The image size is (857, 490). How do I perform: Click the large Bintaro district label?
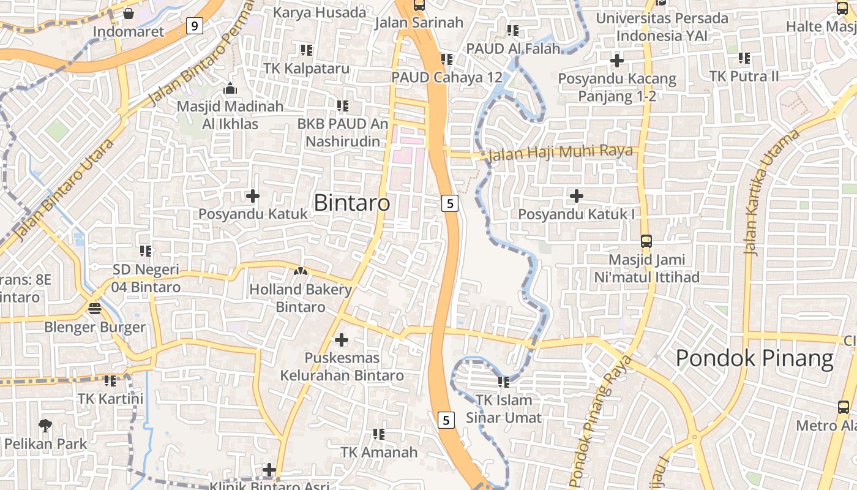pyautogui.click(x=351, y=203)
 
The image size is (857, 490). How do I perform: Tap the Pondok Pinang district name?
pyautogui.click(x=755, y=359)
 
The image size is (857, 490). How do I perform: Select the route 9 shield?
pyautogui.click(x=195, y=26)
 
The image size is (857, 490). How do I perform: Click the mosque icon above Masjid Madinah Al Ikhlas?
pyautogui.click(x=230, y=89)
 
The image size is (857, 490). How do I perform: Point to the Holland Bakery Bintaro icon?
pyautogui.click(x=300, y=271)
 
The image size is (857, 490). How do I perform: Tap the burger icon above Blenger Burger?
pyautogui.click(x=94, y=308)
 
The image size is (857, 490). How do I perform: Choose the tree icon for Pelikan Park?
pyautogui.click(x=45, y=424)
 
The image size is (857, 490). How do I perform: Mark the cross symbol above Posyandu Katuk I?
pyautogui.click(x=576, y=196)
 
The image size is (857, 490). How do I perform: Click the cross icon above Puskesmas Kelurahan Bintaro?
pyautogui.click(x=342, y=339)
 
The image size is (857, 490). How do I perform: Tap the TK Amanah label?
pyautogui.click(x=379, y=452)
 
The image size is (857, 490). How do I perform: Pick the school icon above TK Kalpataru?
pyautogui.click(x=306, y=50)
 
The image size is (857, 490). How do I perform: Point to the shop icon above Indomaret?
pyautogui.click(x=129, y=13)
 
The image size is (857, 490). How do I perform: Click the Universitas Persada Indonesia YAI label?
pyautogui.click(x=662, y=27)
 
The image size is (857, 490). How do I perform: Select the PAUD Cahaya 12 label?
pyautogui.click(x=447, y=77)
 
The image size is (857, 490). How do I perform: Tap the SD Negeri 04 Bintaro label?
pyautogui.click(x=146, y=278)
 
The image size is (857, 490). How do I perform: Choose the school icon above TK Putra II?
pyautogui.click(x=744, y=58)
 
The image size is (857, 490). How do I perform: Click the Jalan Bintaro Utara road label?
pyautogui.click(x=65, y=189)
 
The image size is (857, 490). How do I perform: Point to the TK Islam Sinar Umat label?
pyautogui.click(x=504, y=409)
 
